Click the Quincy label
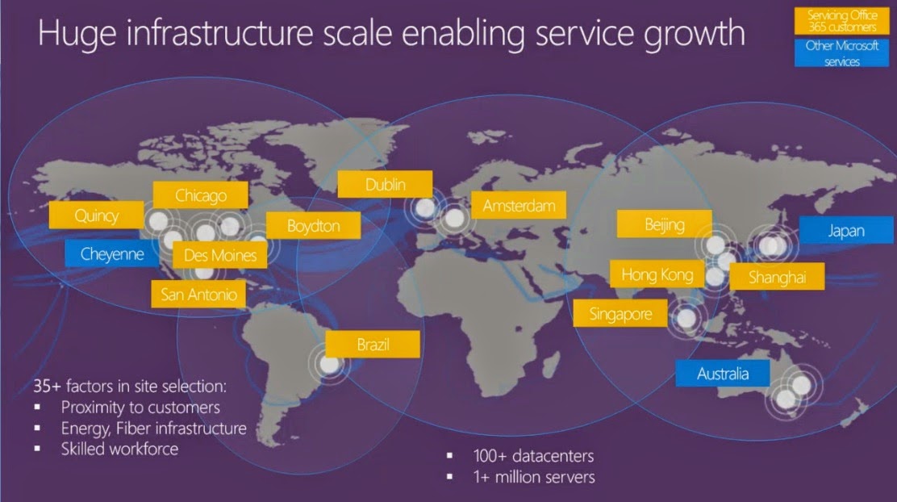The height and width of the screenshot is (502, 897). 97,215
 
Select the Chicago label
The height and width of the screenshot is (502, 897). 201,195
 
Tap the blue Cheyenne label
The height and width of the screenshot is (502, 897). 113,254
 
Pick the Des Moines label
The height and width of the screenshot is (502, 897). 220,256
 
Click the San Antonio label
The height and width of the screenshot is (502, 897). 199,294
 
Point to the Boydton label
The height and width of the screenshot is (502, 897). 314,226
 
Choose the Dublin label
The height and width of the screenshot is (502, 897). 385,184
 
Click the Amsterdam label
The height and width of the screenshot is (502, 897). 519,206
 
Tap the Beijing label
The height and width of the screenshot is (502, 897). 665,224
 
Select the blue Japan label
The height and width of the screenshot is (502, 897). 845,231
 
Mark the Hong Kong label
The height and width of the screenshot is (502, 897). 657,274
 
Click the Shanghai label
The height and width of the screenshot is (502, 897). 777,278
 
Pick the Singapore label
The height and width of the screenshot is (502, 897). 620,313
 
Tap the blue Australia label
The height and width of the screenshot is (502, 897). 723,373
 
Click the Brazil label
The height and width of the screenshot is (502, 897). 373,345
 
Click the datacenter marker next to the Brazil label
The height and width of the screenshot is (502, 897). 330,365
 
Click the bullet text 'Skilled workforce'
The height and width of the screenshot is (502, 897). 119,449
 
